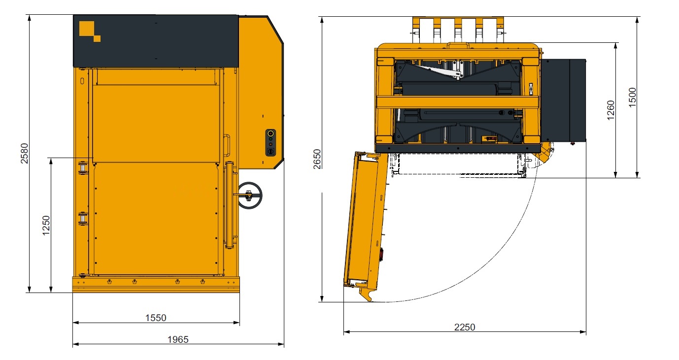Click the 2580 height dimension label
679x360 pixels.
coord(24,153)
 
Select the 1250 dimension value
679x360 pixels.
coord(46,226)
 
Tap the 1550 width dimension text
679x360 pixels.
coord(156,318)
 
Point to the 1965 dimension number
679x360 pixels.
coord(178,339)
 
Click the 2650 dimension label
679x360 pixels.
coord(317,159)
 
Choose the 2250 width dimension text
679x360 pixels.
coord(464,327)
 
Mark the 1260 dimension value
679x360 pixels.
coord(611,110)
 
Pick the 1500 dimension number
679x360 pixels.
coord(632,98)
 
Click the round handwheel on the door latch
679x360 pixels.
coord(249,196)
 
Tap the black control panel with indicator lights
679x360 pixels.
coord(271,142)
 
